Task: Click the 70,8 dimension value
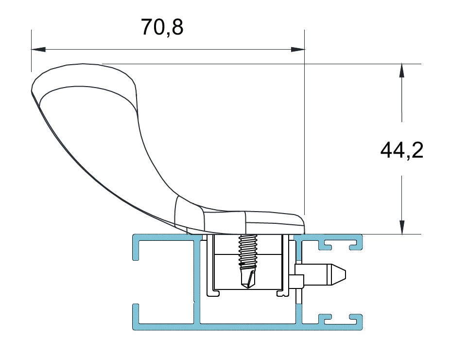tap(162, 27)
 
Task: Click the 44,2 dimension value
tap(401, 150)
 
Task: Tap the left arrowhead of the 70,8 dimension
tap(38, 50)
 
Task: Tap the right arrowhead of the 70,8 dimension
tap(298, 50)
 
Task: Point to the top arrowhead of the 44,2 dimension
tap(402, 71)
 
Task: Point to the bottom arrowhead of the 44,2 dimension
tap(402, 227)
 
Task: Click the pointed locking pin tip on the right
tap(339, 275)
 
